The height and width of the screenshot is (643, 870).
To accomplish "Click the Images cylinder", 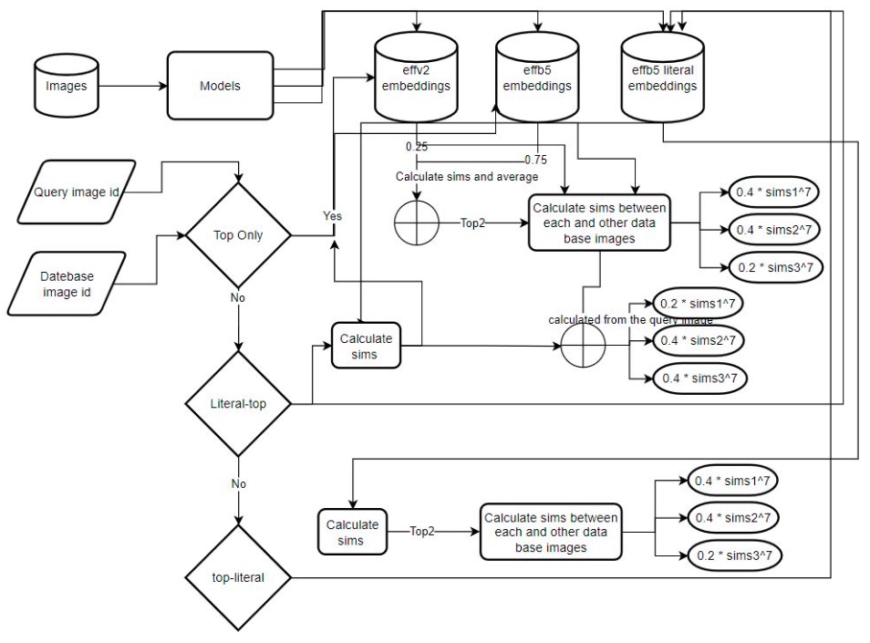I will (x=65, y=86).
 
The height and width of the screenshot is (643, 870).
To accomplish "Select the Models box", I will (x=220, y=86).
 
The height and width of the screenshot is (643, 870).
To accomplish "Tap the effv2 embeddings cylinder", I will (x=417, y=80).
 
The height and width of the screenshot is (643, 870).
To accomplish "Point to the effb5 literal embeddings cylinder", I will (x=661, y=80).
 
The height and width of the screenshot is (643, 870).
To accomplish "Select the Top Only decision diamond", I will (x=239, y=234).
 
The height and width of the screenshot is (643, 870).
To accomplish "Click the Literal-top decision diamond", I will (x=239, y=402).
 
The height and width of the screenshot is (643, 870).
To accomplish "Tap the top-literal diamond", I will (x=239, y=577).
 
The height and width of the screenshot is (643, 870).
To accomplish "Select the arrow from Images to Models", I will (x=131, y=86).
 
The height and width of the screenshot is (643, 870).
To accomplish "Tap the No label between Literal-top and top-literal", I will (x=239, y=484).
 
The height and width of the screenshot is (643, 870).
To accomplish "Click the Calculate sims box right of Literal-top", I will (x=366, y=345).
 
